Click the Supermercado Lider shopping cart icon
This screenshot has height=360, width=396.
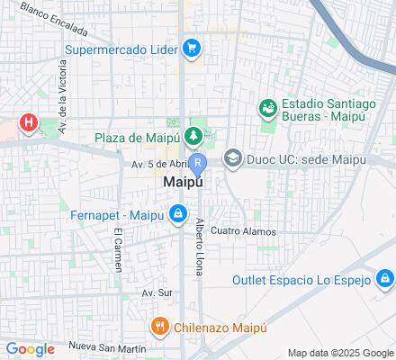click(x=191, y=48)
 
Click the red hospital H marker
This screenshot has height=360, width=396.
click(x=30, y=122)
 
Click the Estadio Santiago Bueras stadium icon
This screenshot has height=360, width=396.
click(x=266, y=109)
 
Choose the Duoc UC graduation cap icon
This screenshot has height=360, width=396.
click(x=232, y=159)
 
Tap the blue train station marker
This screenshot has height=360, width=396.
click(x=199, y=164)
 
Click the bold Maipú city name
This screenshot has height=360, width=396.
click(x=183, y=182)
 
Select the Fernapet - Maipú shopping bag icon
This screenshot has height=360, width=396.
click(x=178, y=214)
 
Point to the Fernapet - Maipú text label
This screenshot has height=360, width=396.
click(x=117, y=215)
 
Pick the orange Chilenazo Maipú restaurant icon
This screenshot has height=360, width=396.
click(x=158, y=326)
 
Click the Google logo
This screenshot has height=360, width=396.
click(x=30, y=349)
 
